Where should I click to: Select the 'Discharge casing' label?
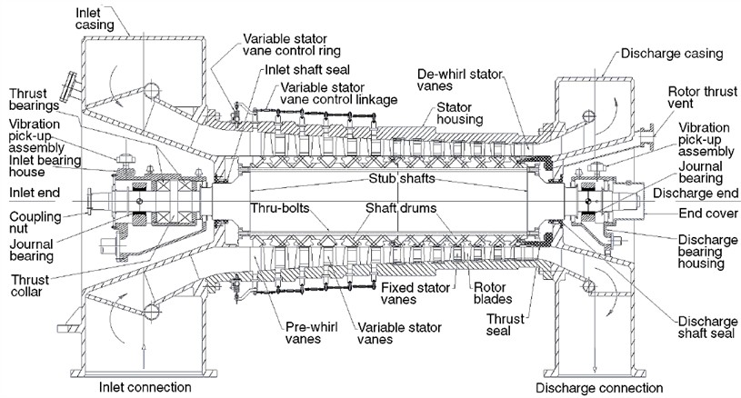click(672, 54)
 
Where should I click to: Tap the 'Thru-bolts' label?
click(276, 207)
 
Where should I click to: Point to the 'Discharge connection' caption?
click(598, 388)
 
